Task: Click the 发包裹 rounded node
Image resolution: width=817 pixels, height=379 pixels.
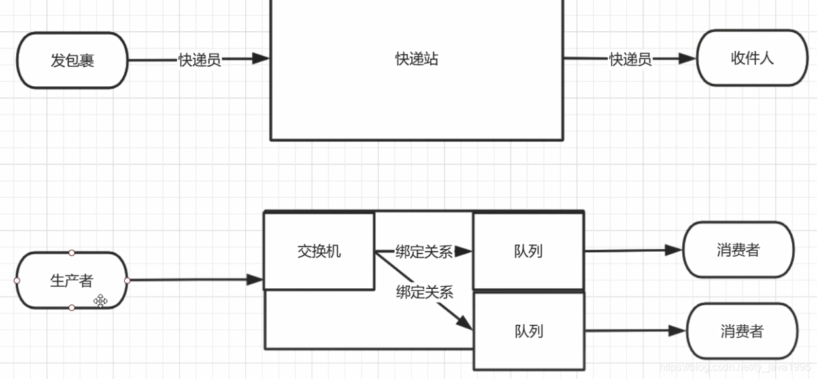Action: pyautogui.click(x=73, y=61)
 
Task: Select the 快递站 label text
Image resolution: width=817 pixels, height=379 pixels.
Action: pyautogui.click(x=416, y=59)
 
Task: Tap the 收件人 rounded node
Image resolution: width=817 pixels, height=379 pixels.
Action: pyautogui.click(x=752, y=58)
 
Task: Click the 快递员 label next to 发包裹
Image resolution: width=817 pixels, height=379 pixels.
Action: pyautogui.click(x=200, y=60)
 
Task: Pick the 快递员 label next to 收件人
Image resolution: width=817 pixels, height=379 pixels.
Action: pyautogui.click(x=631, y=59)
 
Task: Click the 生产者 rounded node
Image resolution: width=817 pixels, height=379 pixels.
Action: pyautogui.click(x=72, y=281)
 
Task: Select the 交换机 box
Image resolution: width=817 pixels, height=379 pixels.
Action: pyautogui.click(x=319, y=251)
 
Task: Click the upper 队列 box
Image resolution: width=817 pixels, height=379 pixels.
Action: pyautogui.click(x=528, y=251)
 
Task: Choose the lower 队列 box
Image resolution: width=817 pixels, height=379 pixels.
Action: pyautogui.click(x=528, y=331)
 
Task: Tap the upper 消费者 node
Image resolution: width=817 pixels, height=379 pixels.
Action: pyautogui.click(x=738, y=250)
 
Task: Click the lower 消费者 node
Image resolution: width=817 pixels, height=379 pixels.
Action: pyautogui.click(x=742, y=331)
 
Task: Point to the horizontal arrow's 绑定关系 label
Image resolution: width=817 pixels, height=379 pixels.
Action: pyautogui.click(x=424, y=252)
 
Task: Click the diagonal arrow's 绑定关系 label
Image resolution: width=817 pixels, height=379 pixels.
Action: pyautogui.click(x=425, y=292)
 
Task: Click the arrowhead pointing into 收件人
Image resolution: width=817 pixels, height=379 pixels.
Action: pyautogui.click(x=687, y=59)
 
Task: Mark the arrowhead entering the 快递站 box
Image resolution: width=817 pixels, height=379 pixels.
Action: pyautogui.click(x=261, y=59)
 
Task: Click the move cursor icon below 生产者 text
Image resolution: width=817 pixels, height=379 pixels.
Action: pyautogui.click(x=100, y=301)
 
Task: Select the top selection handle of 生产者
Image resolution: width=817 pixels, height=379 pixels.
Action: pyautogui.click(x=72, y=252)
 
